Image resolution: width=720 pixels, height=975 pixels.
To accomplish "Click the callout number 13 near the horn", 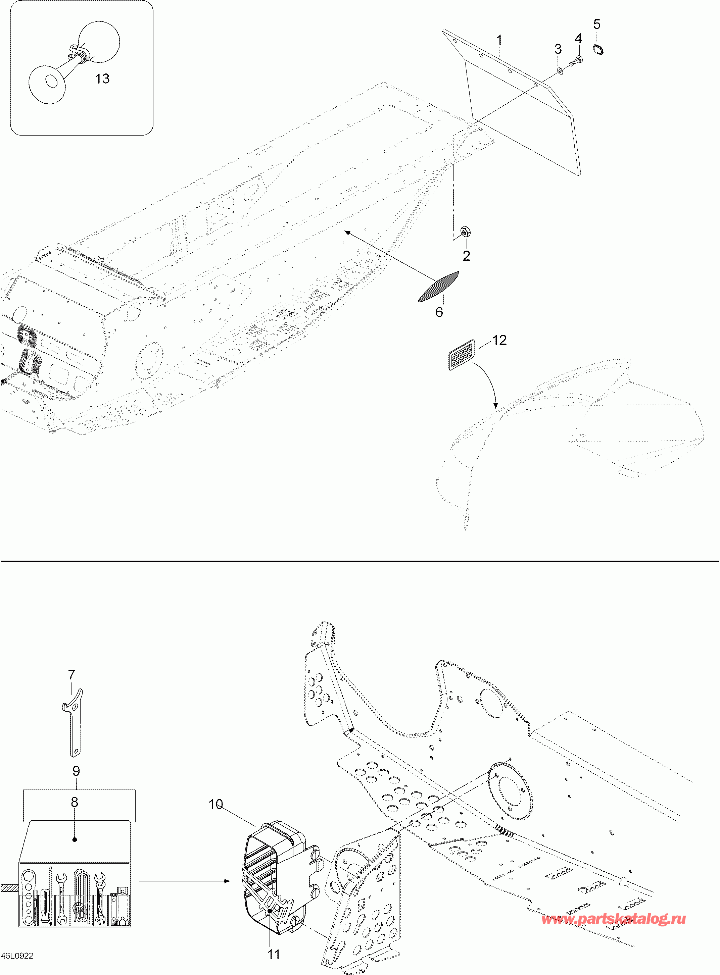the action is (x=102, y=79).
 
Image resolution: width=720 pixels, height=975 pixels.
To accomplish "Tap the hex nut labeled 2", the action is (x=465, y=232).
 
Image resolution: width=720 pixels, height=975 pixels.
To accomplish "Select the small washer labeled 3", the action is (x=560, y=70).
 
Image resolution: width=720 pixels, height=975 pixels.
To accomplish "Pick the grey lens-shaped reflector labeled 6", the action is (x=438, y=286).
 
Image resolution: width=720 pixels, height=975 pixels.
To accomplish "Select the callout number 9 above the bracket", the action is (x=76, y=771).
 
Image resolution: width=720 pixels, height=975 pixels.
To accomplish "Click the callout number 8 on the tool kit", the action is (x=75, y=802).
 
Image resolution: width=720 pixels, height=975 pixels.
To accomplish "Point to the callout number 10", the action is (x=215, y=804).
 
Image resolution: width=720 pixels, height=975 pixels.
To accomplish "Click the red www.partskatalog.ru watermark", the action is (x=613, y=919).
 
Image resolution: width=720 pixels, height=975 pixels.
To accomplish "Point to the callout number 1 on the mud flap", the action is (x=499, y=40).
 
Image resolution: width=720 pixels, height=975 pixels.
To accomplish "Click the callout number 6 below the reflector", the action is (x=439, y=312).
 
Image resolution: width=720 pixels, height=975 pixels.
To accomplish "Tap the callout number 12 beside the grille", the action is (x=499, y=340).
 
